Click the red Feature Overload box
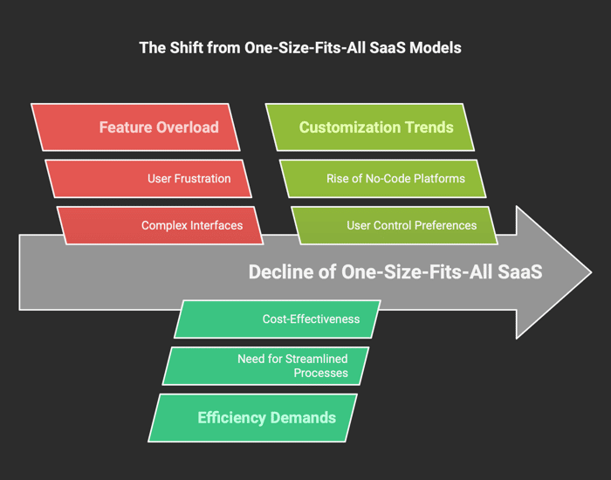(135, 127)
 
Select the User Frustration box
(148, 178)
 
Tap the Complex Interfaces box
(160, 225)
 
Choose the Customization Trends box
(370, 127)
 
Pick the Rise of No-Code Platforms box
(382, 178)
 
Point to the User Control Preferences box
(395, 225)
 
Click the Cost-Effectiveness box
(277, 319)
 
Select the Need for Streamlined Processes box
(265, 366)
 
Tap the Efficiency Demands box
(252, 418)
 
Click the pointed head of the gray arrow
(592, 272)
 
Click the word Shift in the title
(185, 48)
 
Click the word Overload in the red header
(188, 127)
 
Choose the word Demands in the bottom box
(303, 418)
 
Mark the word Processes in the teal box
(320, 373)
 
